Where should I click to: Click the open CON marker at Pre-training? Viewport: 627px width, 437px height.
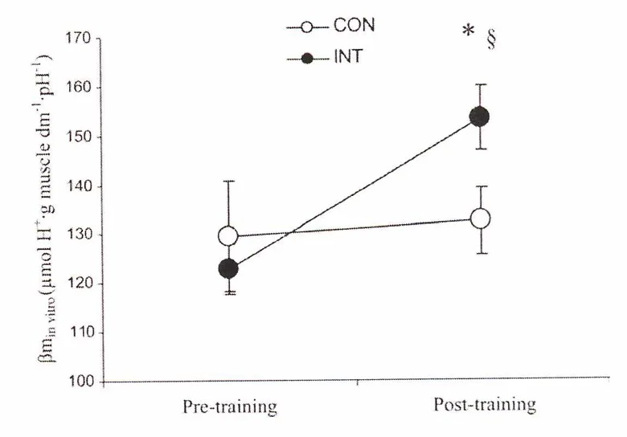coord(228,236)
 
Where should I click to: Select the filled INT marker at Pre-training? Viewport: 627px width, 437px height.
coord(228,268)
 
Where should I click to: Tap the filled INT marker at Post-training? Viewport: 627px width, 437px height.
coord(480,117)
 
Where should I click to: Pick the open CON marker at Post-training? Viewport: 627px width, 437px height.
coord(481,218)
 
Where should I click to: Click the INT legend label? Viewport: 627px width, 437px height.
coord(346,58)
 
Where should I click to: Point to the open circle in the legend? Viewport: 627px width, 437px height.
coord(305,27)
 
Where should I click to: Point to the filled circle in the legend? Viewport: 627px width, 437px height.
coord(305,59)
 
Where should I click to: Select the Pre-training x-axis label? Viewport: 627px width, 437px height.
coord(228,407)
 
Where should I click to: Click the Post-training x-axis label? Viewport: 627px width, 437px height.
coord(485,405)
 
